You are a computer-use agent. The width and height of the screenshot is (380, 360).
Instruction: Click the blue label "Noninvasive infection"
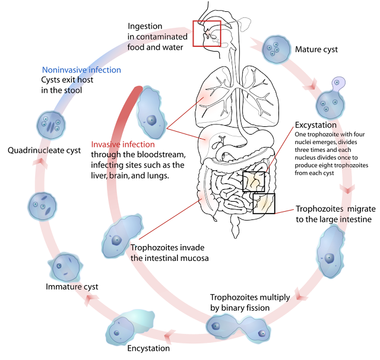pos(81,70)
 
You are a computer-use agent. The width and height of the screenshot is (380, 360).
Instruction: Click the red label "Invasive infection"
pos(123,144)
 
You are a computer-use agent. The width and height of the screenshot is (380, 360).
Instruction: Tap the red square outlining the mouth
pos(207,33)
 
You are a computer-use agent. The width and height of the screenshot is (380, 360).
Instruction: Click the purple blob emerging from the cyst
pos(338,84)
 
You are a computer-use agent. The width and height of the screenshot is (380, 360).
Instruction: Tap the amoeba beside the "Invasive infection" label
pos(150,112)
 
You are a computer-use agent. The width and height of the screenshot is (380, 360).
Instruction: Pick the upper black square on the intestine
pos(254,181)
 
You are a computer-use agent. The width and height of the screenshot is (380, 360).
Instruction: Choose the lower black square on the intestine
pos(264,203)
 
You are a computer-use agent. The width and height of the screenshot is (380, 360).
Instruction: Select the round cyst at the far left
pos(42,206)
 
